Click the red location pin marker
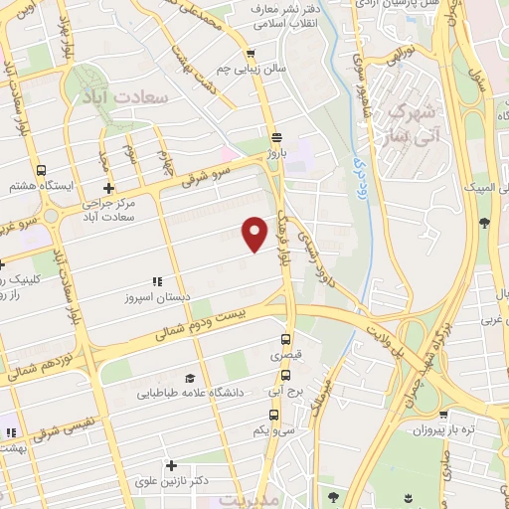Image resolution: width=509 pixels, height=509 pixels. pos(255,233)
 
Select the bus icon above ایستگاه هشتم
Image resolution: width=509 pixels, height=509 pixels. pos(42,170)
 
